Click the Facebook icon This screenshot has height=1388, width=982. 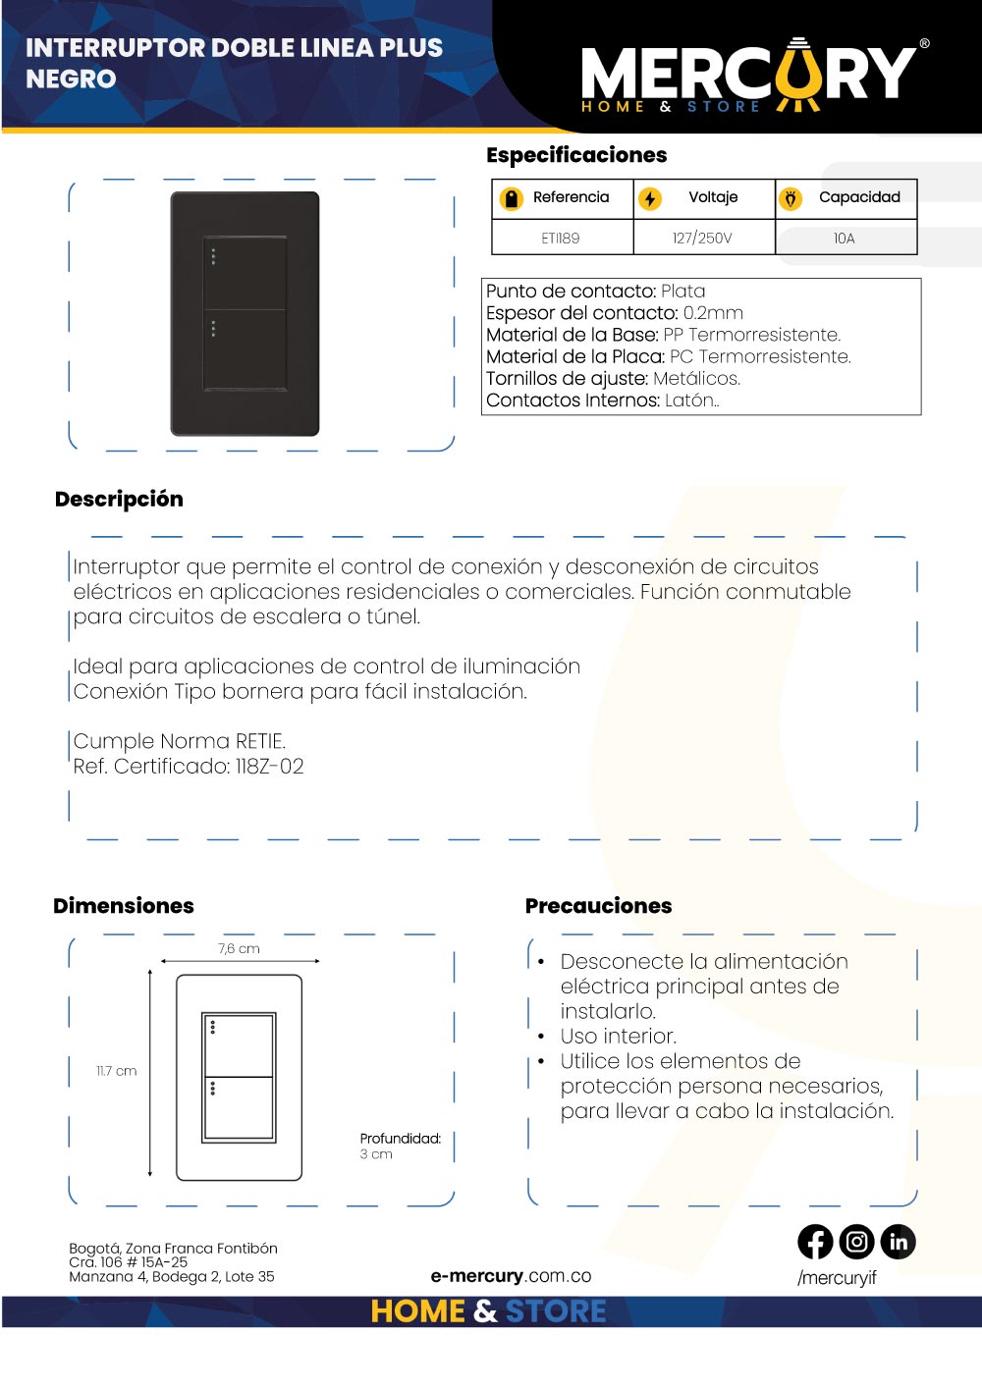[815, 1242]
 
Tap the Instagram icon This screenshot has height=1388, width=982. [856, 1242]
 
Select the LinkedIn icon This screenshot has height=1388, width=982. [898, 1242]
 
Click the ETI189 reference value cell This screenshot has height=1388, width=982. [561, 239]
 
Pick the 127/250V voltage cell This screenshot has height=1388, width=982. [702, 239]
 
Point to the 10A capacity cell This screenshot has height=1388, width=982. [845, 239]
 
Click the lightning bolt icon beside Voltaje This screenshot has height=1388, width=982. [650, 198]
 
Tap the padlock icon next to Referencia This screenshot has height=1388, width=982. [511, 198]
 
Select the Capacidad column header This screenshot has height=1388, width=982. [859, 197]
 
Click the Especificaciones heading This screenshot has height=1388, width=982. [576, 155]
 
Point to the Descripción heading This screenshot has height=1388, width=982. [119, 499]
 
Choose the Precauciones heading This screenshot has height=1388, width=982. [598, 906]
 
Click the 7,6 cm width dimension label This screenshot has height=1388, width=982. [239, 949]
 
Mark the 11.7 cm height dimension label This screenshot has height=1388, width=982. [116, 1071]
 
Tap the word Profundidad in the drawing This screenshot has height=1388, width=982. [400, 1139]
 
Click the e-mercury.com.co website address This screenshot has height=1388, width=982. [511, 1276]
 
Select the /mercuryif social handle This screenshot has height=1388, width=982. [837, 1278]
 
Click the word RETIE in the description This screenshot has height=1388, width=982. [260, 741]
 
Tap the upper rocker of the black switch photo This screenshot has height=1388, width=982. [245, 273]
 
